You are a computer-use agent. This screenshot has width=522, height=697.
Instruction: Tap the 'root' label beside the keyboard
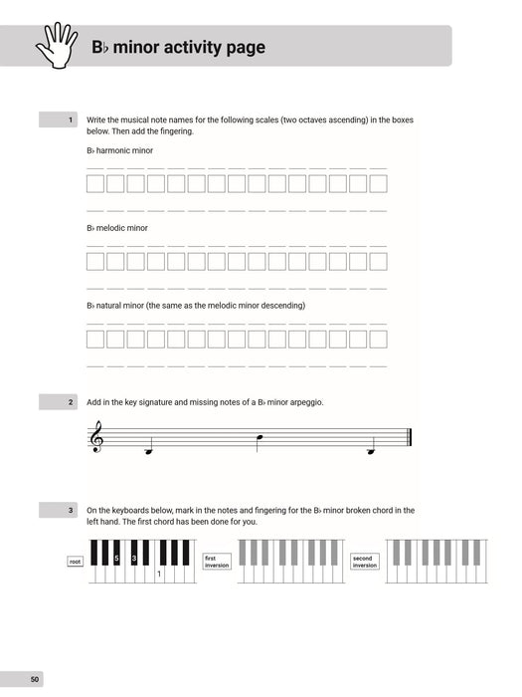click(x=76, y=562)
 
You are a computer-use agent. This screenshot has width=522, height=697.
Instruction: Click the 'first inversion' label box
click(x=216, y=562)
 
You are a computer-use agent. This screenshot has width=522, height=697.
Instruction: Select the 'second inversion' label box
click(x=365, y=562)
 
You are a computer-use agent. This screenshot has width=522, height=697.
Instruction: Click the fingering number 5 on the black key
click(x=115, y=559)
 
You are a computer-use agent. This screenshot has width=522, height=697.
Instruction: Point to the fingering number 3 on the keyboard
click(x=134, y=559)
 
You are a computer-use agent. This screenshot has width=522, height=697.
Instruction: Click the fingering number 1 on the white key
click(x=158, y=575)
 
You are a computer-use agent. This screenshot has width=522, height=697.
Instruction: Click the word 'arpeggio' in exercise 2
click(x=303, y=402)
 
